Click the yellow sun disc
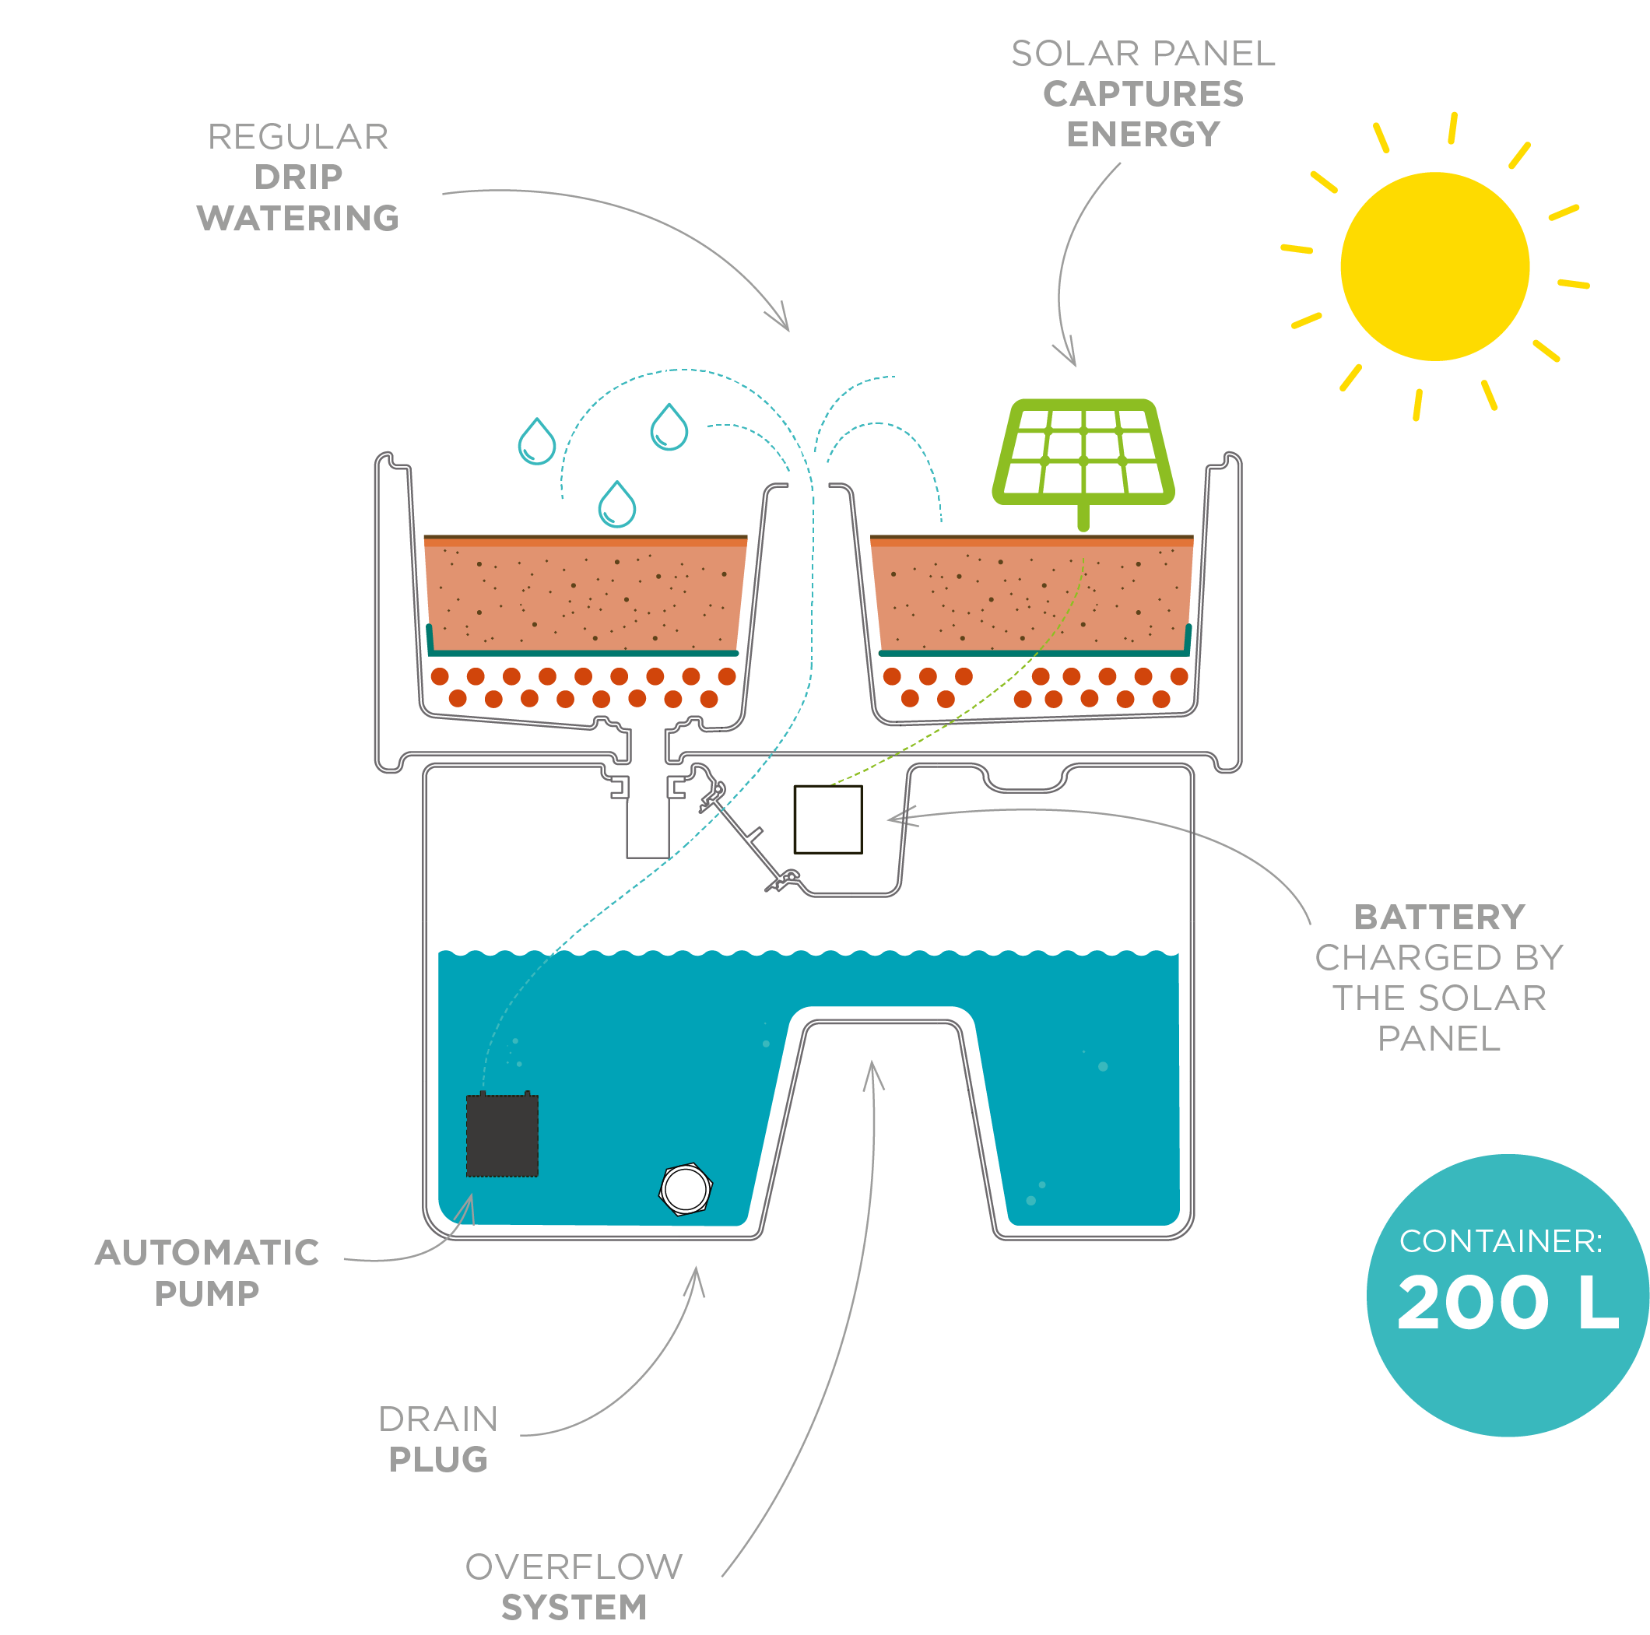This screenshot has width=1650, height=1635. [x=1434, y=266]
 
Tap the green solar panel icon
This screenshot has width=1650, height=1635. [x=1083, y=461]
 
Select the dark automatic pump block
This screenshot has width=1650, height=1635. [x=502, y=1135]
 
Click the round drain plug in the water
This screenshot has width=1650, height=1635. [x=685, y=1188]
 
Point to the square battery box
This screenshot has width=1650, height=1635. [x=827, y=819]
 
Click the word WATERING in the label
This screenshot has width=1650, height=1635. [x=298, y=219]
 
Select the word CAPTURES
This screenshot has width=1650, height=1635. [x=1143, y=94]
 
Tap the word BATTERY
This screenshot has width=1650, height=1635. [x=1439, y=917]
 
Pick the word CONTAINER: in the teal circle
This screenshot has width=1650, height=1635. [x=1501, y=1240]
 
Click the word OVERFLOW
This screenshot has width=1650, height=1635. [x=574, y=1567]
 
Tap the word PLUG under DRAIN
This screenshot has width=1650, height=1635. [x=438, y=1459]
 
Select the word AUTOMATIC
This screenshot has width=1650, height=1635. [x=208, y=1252]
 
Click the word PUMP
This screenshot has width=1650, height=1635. [x=207, y=1293]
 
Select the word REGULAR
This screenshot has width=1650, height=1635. [x=298, y=137]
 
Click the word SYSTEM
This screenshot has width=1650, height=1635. [x=574, y=1608]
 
